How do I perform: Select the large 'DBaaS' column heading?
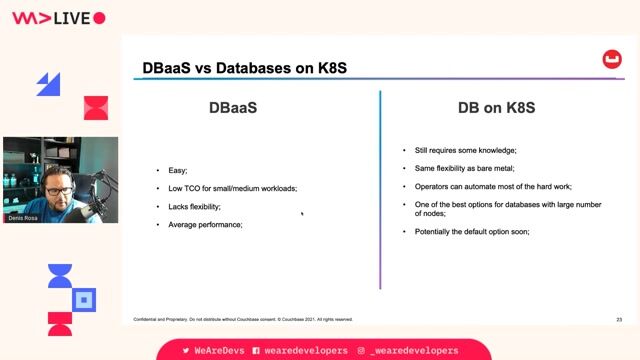(232, 107)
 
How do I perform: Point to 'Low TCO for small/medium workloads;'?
(233, 188)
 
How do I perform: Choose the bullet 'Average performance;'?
(205, 224)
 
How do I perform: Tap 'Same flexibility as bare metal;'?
(464, 168)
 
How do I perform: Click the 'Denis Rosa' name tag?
(23, 217)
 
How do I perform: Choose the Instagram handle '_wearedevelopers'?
(413, 351)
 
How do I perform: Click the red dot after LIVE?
(99, 18)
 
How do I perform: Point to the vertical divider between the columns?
(380, 190)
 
